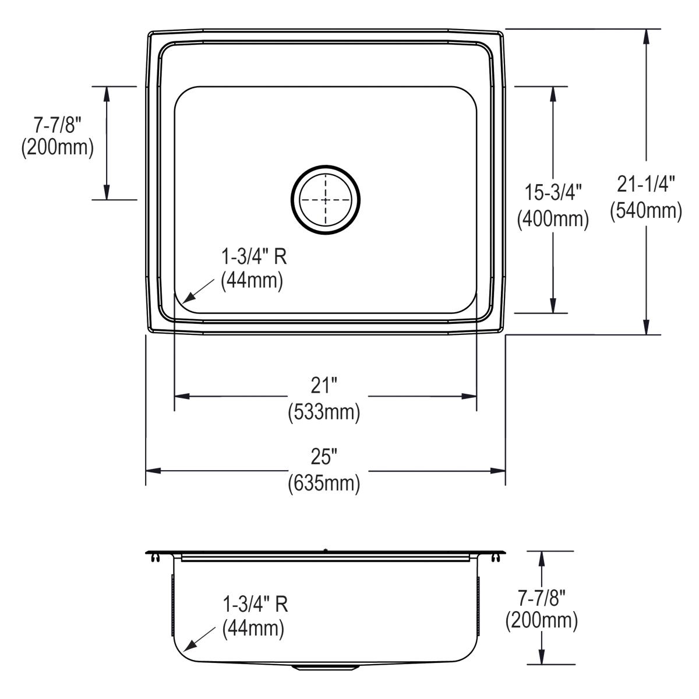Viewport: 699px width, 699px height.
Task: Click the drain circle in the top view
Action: click(326, 200)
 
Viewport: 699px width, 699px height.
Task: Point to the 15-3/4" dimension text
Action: click(553, 192)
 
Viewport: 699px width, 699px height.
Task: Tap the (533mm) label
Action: click(324, 412)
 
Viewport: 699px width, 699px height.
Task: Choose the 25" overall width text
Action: click(324, 458)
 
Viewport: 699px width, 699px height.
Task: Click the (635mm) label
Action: click(324, 484)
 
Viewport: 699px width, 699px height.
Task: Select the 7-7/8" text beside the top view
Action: click(57, 123)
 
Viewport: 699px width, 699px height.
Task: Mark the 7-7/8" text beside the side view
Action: click(542, 596)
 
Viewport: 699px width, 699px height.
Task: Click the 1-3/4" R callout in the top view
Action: click(254, 256)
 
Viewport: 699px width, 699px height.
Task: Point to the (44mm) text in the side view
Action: click(253, 629)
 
